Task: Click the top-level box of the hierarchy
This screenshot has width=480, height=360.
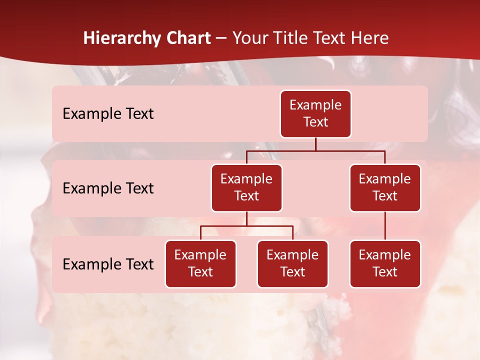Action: pos(315,114)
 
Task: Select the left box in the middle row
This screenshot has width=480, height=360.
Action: pos(246,188)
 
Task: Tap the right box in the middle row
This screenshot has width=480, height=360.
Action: pos(385,188)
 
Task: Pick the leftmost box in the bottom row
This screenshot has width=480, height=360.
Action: pos(200,264)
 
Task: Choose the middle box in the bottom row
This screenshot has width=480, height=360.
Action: pos(292,264)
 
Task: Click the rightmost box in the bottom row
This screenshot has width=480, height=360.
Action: pos(385,264)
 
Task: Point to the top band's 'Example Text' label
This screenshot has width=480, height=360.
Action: pos(108,114)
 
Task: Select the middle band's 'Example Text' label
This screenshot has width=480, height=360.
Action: pos(108,188)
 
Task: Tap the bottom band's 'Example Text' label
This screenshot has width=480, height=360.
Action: pos(108,264)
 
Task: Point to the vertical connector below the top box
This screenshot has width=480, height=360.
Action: pos(315,144)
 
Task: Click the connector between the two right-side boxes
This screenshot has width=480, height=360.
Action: pos(385,226)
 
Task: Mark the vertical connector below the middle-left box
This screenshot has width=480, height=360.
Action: pos(246,218)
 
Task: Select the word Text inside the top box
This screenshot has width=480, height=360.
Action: pos(315,122)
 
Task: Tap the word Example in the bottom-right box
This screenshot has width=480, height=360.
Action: pos(385,255)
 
